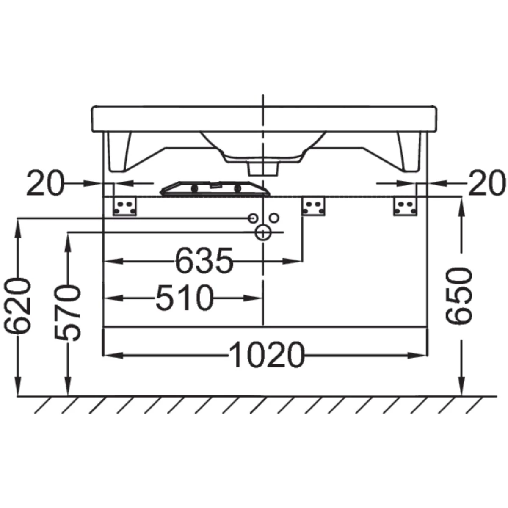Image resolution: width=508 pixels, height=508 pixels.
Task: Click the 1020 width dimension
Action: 267,355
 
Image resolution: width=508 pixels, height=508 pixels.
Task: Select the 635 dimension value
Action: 204,261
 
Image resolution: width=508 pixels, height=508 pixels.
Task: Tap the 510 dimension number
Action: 185,298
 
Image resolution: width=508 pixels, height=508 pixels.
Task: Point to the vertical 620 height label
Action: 17,306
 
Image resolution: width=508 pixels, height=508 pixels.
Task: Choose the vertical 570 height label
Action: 67,313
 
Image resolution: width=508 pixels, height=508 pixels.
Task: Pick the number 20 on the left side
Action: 45,183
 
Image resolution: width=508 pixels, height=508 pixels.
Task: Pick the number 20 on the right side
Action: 487,183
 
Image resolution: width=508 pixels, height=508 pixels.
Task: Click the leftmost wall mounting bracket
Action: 125,207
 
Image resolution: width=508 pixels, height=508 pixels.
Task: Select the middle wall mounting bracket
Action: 313,207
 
